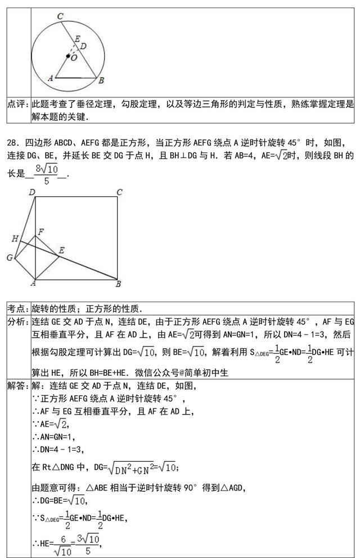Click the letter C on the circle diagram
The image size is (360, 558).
60,17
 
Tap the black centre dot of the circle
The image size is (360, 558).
69,56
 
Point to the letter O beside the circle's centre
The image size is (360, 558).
74,59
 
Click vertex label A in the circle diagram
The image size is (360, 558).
50,78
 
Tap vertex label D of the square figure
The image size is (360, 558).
33,193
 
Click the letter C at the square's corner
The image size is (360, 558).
119,193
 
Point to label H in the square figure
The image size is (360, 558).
15,239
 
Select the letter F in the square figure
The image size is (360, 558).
40,231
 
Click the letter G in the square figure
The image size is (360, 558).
10,258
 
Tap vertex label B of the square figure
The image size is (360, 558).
119,284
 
